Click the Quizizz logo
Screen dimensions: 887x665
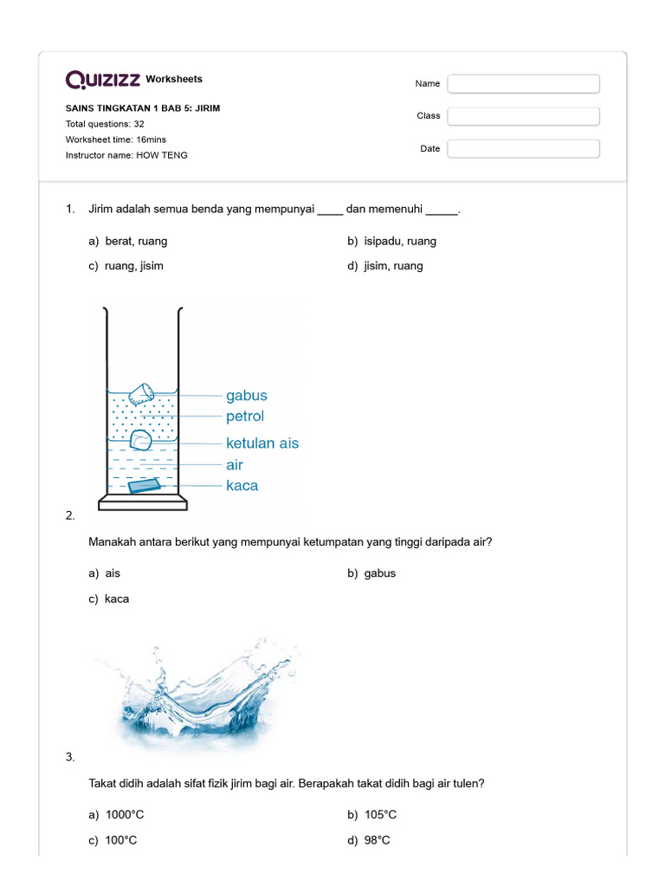click(x=103, y=80)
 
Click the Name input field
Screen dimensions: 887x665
click(x=523, y=84)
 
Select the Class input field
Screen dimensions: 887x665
click(x=523, y=116)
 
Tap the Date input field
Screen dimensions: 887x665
click(x=523, y=149)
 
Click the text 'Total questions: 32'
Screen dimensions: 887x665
click(x=105, y=124)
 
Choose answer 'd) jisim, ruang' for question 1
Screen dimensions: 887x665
click(x=385, y=266)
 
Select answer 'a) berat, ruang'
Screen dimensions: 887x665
click(x=128, y=241)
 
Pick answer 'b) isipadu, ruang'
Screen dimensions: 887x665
click(x=391, y=241)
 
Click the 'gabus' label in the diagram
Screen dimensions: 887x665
click(x=247, y=396)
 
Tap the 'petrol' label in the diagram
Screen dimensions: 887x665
click(x=246, y=417)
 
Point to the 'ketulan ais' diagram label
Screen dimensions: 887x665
click(x=262, y=443)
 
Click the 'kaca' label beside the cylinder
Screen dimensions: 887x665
click(x=242, y=486)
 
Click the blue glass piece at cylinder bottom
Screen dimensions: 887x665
click(x=143, y=487)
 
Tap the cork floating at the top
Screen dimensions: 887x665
click(x=140, y=394)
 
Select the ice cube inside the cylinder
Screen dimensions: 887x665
click(x=141, y=441)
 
